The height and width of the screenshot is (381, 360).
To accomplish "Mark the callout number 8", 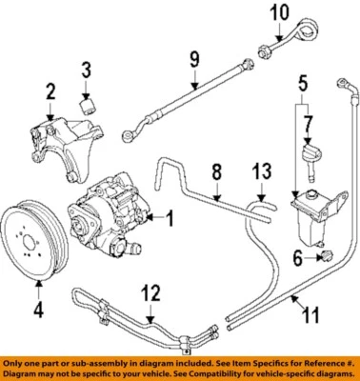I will [216, 172].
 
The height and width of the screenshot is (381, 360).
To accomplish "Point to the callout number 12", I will [147, 291].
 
